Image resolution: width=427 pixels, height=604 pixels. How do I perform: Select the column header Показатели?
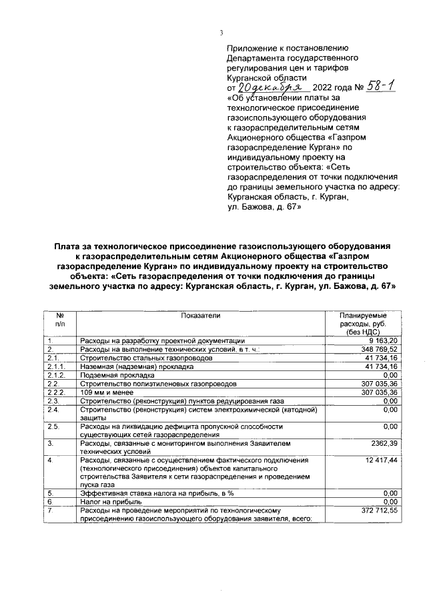point(199,314)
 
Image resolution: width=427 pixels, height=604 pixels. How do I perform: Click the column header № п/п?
point(61,318)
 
